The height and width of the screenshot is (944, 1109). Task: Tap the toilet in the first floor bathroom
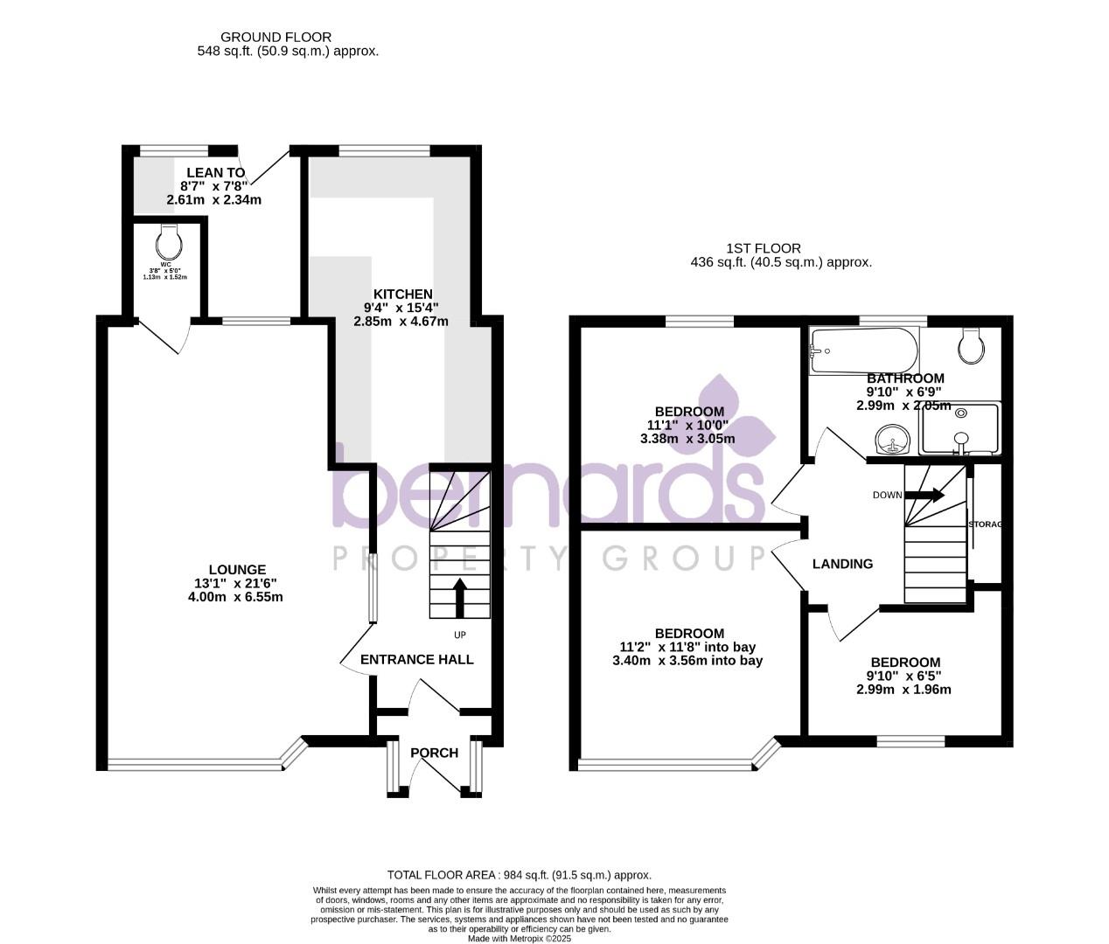[971, 346]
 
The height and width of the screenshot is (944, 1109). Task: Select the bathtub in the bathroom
[863, 351]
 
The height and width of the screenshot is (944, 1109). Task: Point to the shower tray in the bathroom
[959, 429]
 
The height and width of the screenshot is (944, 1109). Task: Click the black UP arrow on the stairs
[459, 597]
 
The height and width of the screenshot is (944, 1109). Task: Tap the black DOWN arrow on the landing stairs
[925, 495]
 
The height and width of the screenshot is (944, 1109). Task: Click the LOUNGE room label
[236, 570]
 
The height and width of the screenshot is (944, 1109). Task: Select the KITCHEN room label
[402, 295]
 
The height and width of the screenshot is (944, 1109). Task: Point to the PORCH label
[434, 753]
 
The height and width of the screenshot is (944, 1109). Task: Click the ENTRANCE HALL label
[417, 659]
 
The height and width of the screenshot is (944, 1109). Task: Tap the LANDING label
[842, 564]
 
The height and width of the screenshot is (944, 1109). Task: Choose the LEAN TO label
[215, 173]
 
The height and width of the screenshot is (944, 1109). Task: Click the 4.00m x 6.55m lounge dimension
[235, 597]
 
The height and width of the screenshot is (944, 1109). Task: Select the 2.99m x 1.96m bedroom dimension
[903, 689]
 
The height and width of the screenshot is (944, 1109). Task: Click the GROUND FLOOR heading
[276, 37]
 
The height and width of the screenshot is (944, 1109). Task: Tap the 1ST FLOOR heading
[763, 248]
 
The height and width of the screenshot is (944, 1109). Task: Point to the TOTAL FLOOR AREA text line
[520, 875]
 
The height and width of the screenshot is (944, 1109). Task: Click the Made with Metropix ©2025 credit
[520, 938]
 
